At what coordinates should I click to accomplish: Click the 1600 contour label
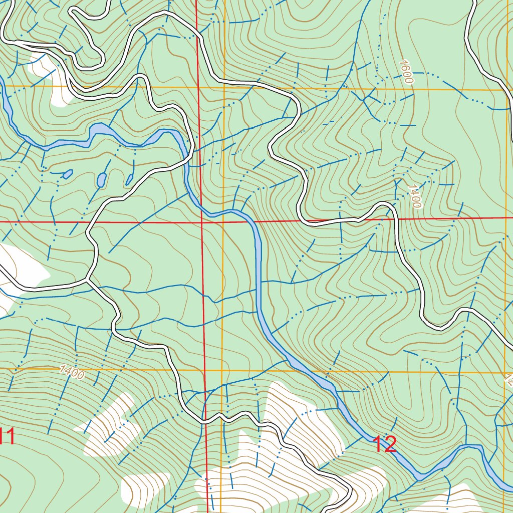click(406, 72)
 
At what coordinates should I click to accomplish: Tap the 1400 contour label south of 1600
click(415, 196)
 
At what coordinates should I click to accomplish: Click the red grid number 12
click(385, 444)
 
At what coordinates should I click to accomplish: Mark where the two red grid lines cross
click(201, 221)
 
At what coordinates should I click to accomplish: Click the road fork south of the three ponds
click(88, 280)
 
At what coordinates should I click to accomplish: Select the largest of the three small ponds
click(101, 179)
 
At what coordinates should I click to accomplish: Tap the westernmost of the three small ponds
click(67, 174)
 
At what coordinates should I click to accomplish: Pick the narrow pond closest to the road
click(129, 179)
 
